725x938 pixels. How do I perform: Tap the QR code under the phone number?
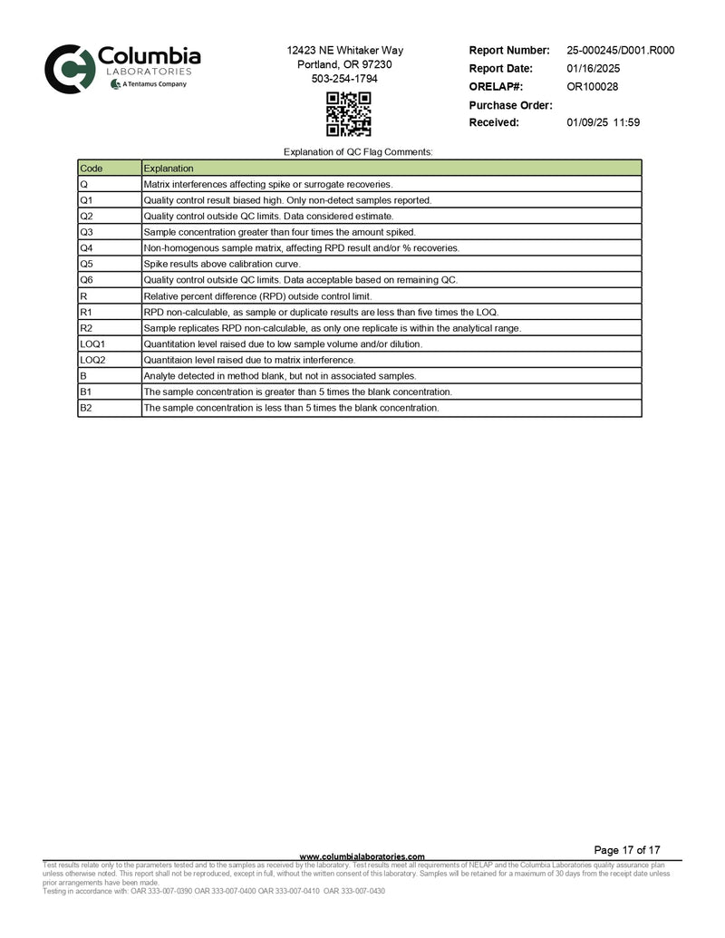click(x=349, y=114)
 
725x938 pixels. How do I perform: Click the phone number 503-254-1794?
click(x=344, y=79)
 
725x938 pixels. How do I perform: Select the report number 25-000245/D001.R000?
click(x=620, y=51)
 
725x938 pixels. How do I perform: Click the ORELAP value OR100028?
click(x=593, y=87)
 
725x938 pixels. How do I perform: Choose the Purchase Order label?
click(x=510, y=105)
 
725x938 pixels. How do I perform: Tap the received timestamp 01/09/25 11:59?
click(x=603, y=122)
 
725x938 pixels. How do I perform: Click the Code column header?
click(x=92, y=168)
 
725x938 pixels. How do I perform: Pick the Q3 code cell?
click(x=87, y=232)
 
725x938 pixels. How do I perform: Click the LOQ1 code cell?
click(x=93, y=344)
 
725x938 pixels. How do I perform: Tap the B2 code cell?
click(x=87, y=408)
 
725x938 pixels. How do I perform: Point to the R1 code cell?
click(x=87, y=312)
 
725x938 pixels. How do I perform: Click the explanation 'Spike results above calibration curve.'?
click(x=223, y=264)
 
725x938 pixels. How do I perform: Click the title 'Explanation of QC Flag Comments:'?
click(x=359, y=151)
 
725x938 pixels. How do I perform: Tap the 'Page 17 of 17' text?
click(x=626, y=850)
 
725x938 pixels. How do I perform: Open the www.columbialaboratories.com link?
click(x=362, y=856)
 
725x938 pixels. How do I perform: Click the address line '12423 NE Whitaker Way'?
click(x=344, y=51)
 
